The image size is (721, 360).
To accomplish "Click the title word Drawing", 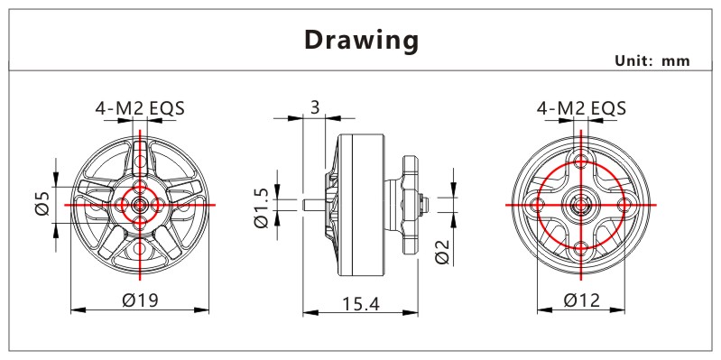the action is point(362,41).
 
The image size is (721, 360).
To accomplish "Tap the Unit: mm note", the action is point(652,60).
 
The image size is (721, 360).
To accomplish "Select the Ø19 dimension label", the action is point(140,300).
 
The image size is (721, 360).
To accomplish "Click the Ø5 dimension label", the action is point(42,203).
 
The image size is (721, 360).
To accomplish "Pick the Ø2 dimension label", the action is point(442,252).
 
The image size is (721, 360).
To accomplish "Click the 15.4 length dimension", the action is point(361,303).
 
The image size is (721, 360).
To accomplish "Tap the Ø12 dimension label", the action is point(582,300).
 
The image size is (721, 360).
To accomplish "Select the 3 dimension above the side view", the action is point(315,107).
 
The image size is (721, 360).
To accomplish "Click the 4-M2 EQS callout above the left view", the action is point(140,108).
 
